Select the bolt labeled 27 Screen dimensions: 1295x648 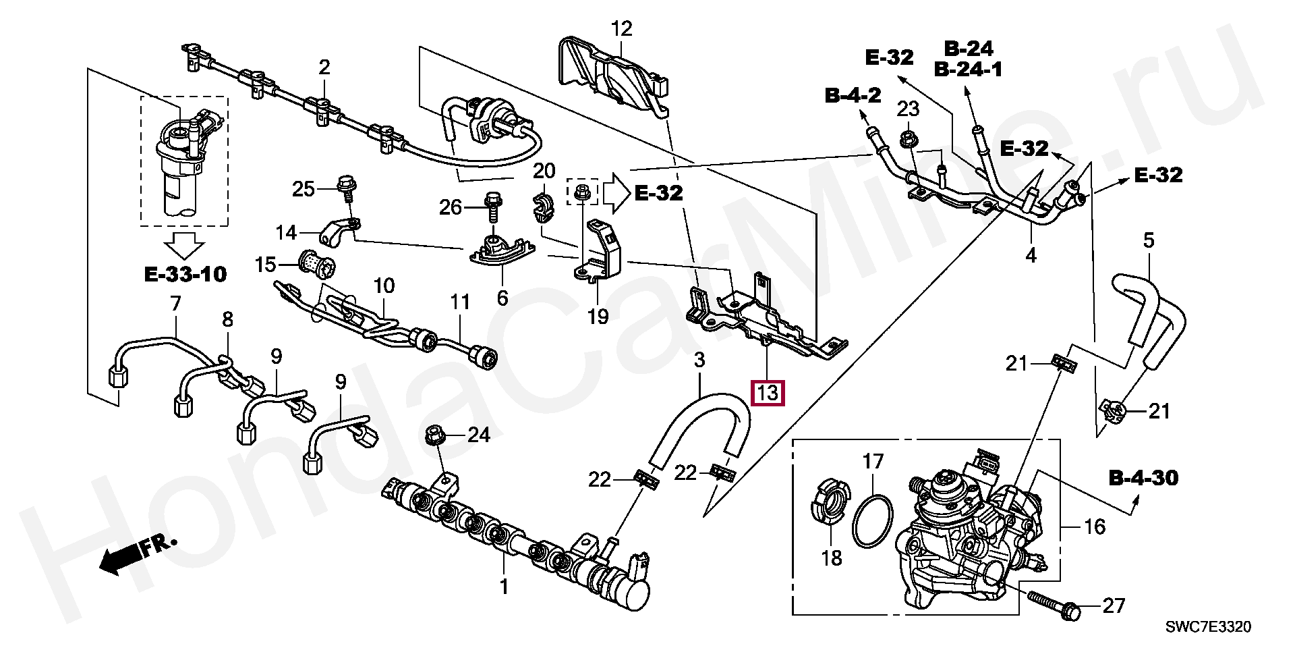[1054, 604]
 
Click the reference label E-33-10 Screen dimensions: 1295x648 [185, 274]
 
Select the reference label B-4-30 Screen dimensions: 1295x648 [1144, 478]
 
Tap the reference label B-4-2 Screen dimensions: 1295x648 [853, 96]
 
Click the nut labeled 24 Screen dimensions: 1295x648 [434, 436]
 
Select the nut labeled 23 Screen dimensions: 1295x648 [907, 140]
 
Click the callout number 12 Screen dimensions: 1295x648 [621, 28]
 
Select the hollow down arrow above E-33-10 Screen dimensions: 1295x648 [185, 246]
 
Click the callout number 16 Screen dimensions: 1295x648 [1094, 526]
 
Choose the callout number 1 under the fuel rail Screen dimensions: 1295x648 [503, 587]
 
